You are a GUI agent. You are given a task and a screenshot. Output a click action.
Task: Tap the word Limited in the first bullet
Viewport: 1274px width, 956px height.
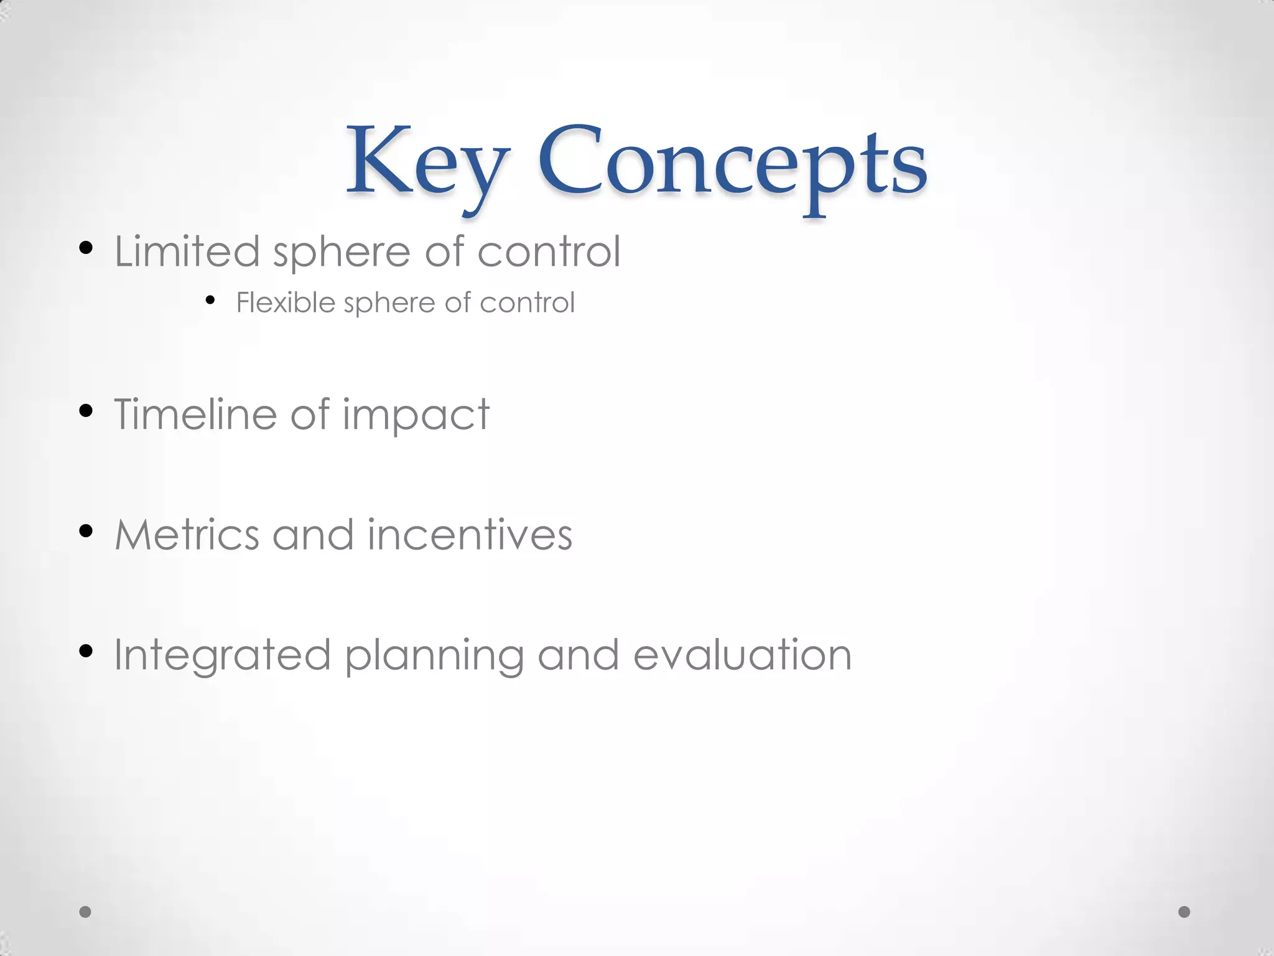pyautogui.click(x=187, y=251)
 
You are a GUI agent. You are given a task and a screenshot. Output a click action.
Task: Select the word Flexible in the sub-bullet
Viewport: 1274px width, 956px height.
pyautogui.click(x=286, y=303)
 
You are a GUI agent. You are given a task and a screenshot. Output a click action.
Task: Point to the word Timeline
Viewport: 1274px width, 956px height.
pyautogui.click(x=195, y=414)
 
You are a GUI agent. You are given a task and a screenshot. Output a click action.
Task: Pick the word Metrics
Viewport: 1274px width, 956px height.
pyautogui.click(x=187, y=535)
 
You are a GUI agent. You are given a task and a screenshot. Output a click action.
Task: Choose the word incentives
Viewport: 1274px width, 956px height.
pyautogui.click(x=470, y=535)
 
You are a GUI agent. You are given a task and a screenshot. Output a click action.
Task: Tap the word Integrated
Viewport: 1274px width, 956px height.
pyautogui.click(x=222, y=657)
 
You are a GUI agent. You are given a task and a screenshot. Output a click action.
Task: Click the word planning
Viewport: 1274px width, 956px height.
pyautogui.click(x=434, y=657)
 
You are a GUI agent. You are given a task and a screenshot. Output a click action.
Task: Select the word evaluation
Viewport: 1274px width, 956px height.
pyautogui.click(x=742, y=655)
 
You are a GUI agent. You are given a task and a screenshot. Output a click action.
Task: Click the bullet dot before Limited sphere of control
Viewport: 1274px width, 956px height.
pyautogui.click(x=86, y=248)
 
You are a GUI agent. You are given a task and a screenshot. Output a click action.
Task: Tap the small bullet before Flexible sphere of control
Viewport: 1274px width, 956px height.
pyautogui.click(x=210, y=301)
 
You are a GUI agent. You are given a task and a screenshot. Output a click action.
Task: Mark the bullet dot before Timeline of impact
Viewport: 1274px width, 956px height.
pyautogui.click(x=86, y=410)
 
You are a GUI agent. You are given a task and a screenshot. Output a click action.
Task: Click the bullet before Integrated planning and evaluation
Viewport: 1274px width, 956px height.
pyautogui.click(x=86, y=651)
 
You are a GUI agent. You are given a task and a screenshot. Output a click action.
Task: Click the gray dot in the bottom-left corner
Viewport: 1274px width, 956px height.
pyautogui.click(x=85, y=912)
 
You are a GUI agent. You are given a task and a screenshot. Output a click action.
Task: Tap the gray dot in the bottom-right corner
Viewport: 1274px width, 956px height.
pyautogui.click(x=1184, y=912)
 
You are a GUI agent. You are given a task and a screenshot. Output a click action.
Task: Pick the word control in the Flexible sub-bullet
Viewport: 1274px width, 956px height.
pyautogui.click(x=527, y=303)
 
